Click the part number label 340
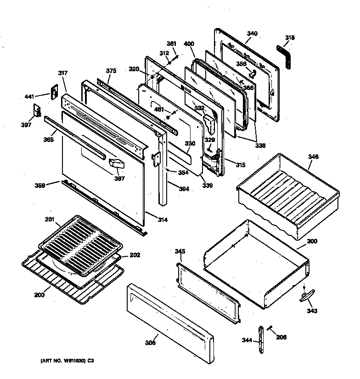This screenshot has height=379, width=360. point(252,33)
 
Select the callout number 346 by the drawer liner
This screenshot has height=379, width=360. point(313,157)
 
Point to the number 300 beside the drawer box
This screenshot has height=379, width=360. point(312,241)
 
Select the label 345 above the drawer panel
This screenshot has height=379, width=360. point(180,251)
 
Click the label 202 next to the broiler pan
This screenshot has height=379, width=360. point(135,255)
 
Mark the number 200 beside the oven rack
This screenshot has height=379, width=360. point(39,294)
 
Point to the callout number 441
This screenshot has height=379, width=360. point(30,96)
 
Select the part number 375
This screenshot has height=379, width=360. point(111,71)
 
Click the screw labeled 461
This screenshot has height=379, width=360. point(169,118)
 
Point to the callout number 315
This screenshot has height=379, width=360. point(241,165)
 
